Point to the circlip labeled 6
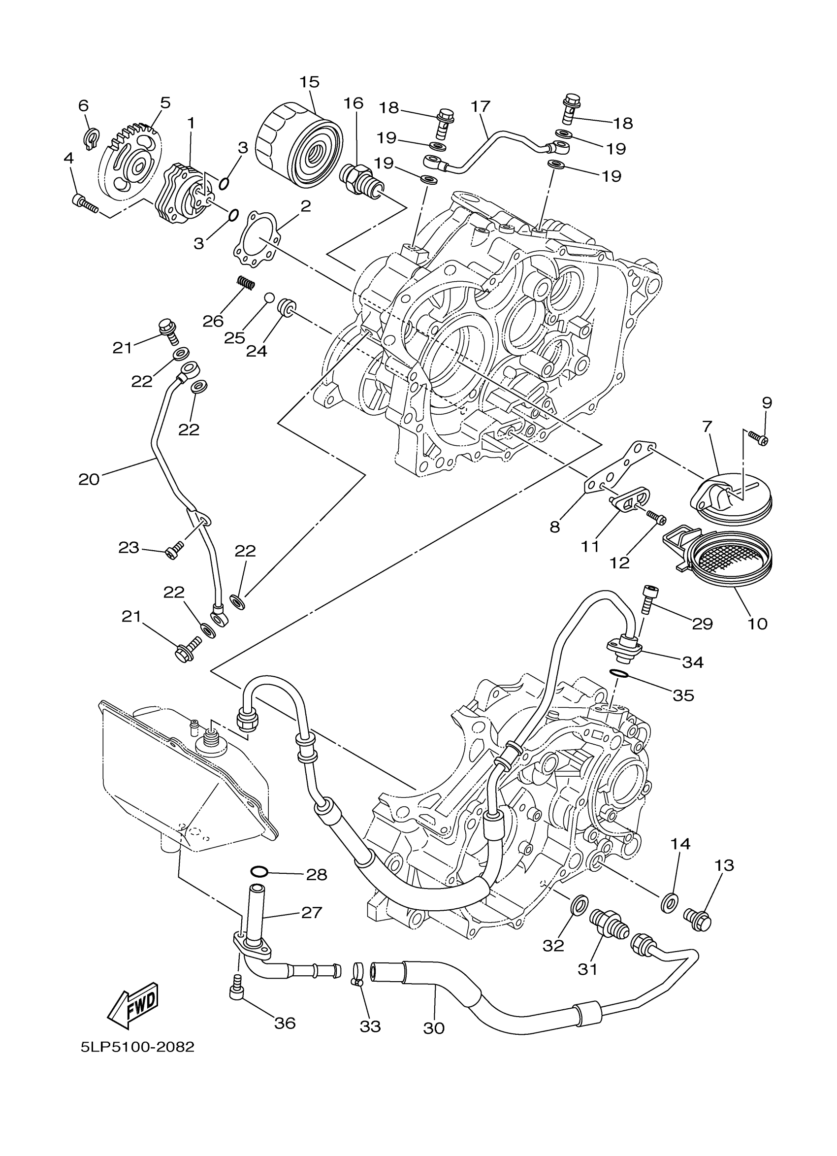coord(89,140)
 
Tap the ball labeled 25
coord(269,297)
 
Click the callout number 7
coord(707,426)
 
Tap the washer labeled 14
coord(669,905)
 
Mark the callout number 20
coord(89,479)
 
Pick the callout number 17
coord(480,106)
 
